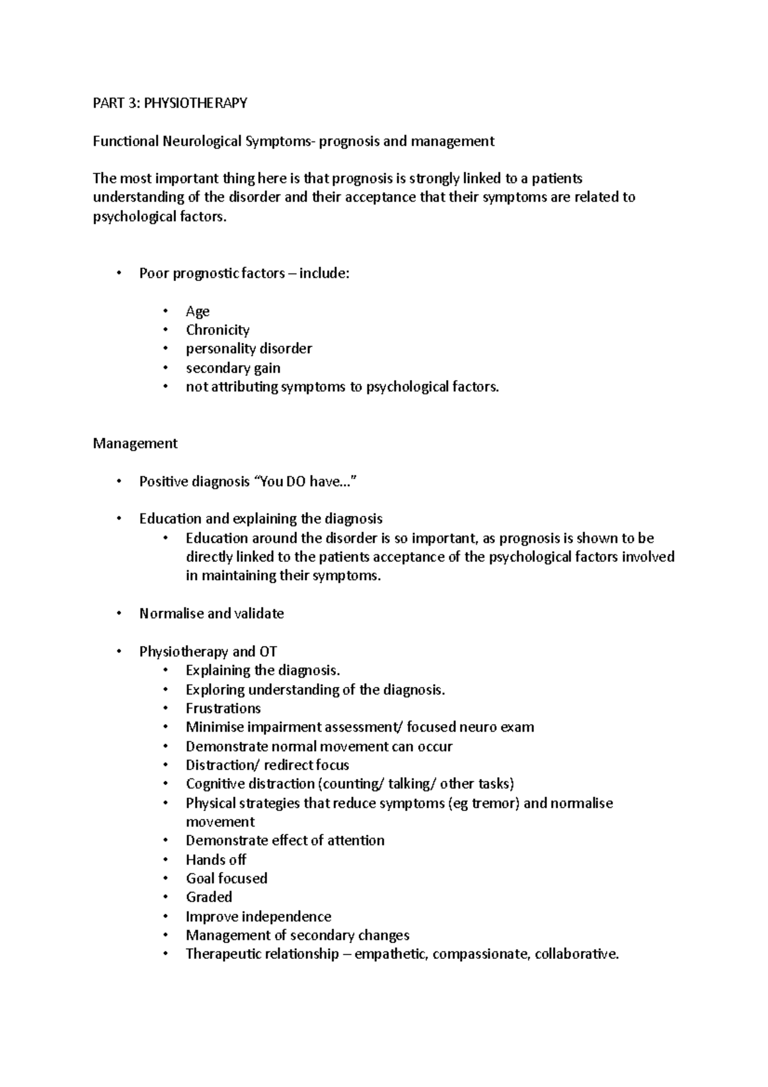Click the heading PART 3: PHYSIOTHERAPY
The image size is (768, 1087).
(x=170, y=103)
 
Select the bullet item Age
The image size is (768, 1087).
(x=197, y=311)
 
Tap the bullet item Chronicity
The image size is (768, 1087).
(x=217, y=330)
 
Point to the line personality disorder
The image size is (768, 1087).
(x=248, y=349)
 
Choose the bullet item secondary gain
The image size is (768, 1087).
(x=233, y=368)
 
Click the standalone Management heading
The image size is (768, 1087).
(x=135, y=444)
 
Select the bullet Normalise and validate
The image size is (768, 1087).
(x=211, y=613)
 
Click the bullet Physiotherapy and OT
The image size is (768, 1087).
(x=208, y=652)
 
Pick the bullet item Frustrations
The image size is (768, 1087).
(x=223, y=709)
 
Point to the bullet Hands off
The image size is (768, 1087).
(x=216, y=860)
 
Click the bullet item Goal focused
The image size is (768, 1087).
(x=227, y=878)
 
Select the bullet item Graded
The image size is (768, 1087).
(x=209, y=897)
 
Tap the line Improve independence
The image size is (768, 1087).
(x=258, y=916)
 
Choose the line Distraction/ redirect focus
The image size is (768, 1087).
(x=267, y=765)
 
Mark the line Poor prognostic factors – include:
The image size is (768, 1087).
(x=244, y=273)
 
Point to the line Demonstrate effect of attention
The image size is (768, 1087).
(x=285, y=841)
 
